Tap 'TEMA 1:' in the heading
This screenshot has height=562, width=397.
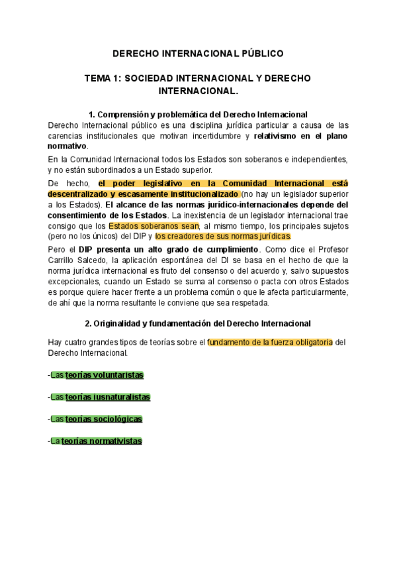tap(103, 78)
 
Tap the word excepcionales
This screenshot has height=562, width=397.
tap(75, 281)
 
